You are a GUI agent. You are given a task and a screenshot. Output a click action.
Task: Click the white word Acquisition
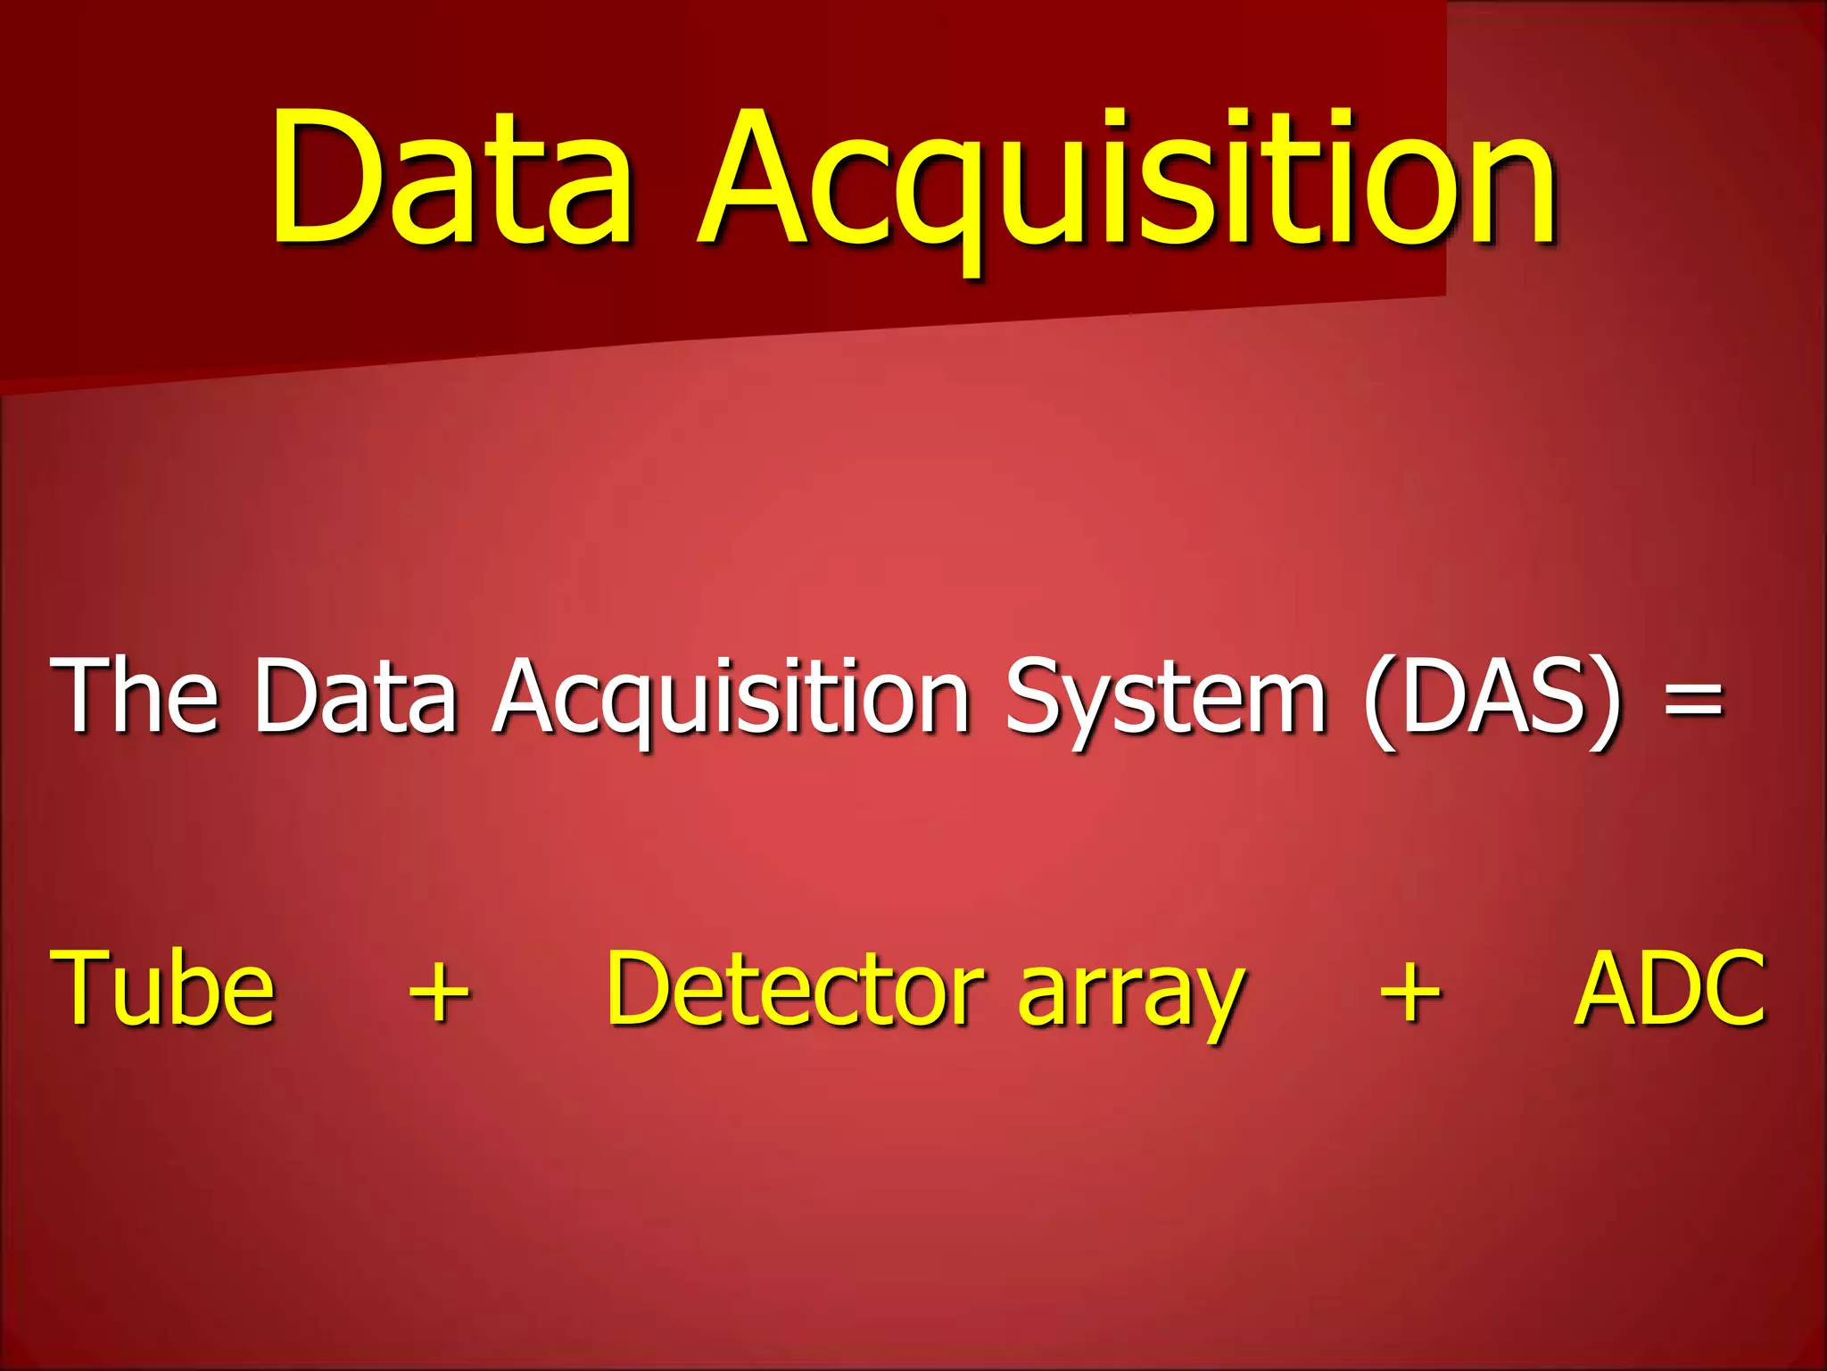point(732,696)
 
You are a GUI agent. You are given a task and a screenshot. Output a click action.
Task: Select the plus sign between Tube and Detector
point(439,993)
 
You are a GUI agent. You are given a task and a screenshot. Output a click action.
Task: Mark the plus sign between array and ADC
point(1410,993)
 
